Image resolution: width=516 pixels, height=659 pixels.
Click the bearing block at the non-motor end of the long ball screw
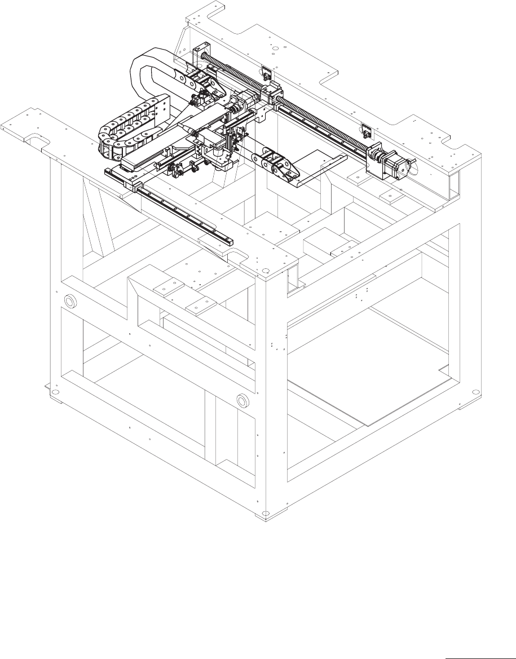point(201,56)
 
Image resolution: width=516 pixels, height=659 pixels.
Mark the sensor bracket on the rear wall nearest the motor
point(366,130)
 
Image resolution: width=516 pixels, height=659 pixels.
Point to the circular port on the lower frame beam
point(243,401)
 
